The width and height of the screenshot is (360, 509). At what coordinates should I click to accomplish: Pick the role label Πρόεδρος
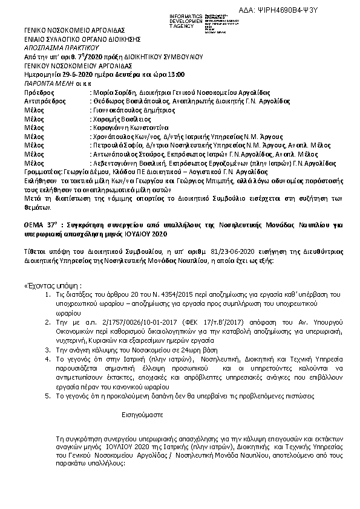tap(39, 92)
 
